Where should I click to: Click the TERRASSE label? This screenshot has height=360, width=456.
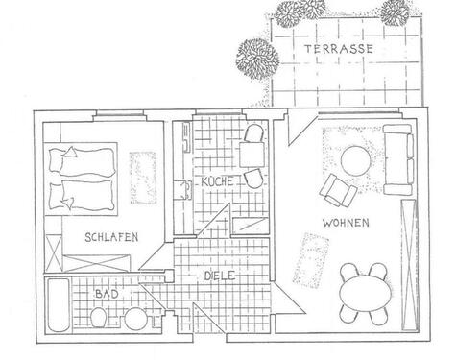pos(331,48)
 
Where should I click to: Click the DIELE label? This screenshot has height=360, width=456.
pos(220,275)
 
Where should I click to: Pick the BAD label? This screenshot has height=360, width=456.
pos(106,292)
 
